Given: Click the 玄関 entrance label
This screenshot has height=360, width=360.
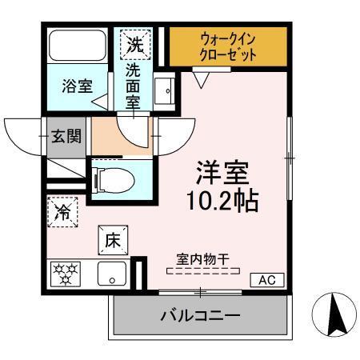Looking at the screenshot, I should tap(66, 135).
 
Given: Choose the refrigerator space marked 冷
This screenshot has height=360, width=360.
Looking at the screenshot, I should tap(62, 212).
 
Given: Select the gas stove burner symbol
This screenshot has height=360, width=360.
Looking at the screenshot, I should tap(66, 274).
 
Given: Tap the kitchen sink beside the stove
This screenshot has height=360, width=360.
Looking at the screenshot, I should tap(112, 274).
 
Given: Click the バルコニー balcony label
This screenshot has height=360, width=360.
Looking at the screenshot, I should tap(201, 316).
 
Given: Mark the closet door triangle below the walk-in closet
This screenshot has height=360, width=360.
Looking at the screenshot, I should tap(202, 78).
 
